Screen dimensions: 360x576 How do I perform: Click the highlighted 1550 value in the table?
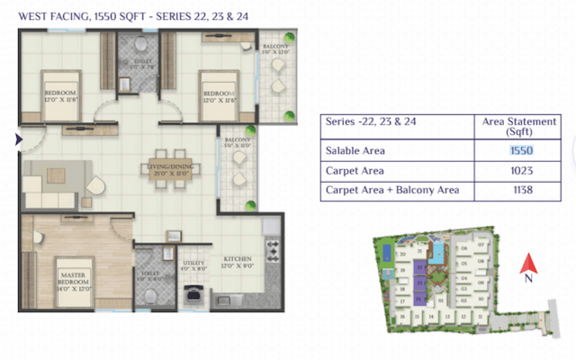[x=522, y=151]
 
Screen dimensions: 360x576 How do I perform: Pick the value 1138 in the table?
[x=522, y=190]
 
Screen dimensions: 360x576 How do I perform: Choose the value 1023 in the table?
[x=522, y=170]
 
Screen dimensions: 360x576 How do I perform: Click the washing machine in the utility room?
[x=192, y=292]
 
